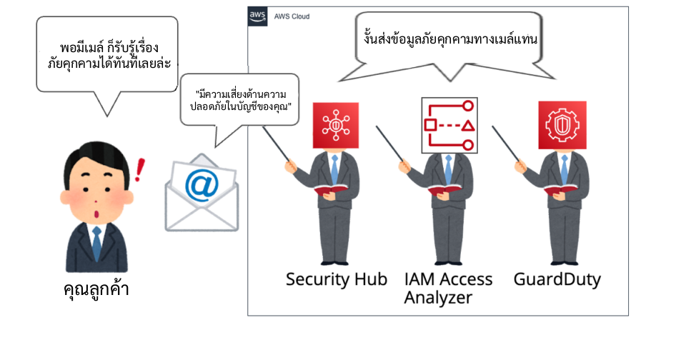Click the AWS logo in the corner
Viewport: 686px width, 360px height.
257,16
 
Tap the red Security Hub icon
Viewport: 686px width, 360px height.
335,125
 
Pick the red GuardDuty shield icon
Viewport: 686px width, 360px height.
562,125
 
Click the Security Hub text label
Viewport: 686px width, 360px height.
337,279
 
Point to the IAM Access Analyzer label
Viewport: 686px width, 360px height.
448,287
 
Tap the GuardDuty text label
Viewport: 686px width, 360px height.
557,279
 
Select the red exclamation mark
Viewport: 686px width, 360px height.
139,171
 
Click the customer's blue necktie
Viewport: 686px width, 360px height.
96,244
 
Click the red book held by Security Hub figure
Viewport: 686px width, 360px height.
330,189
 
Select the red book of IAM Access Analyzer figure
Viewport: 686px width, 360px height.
444,189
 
